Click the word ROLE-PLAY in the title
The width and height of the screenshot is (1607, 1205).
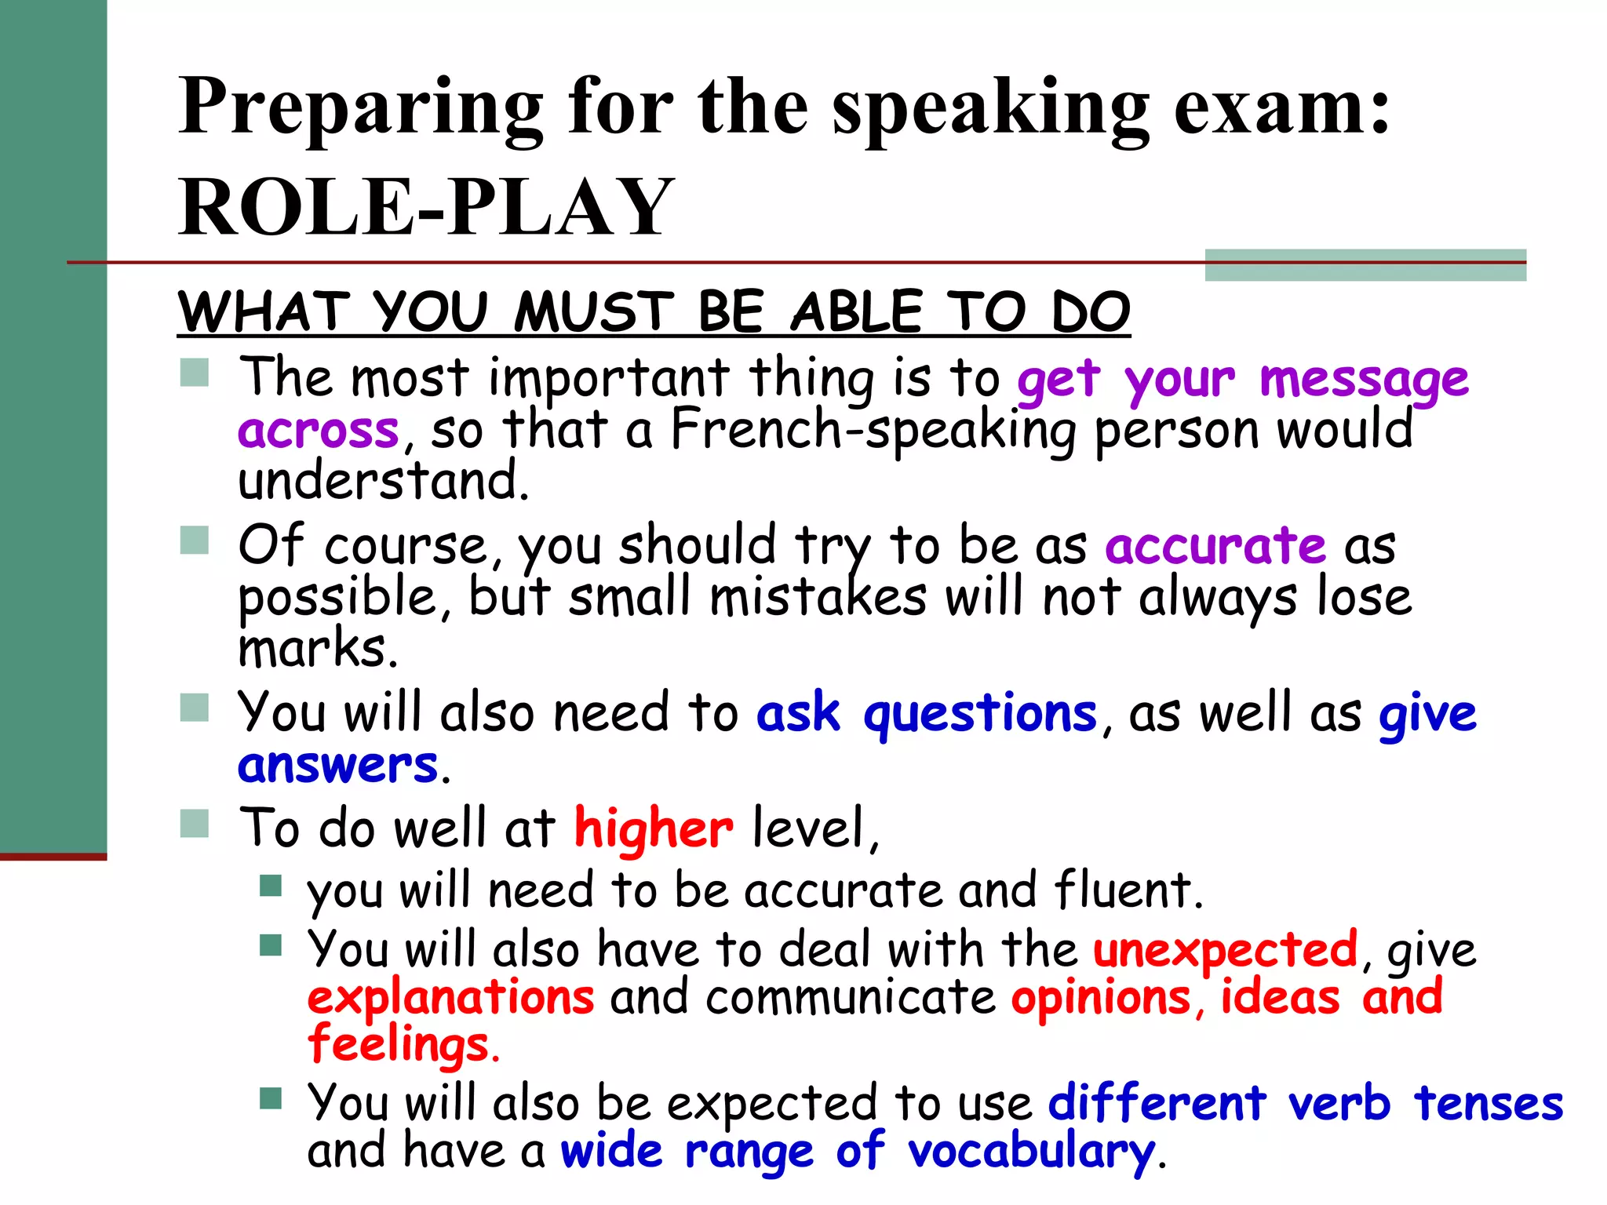coord(426,207)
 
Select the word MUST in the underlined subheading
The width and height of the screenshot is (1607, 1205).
coord(594,312)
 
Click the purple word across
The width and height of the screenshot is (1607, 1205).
coord(319,431)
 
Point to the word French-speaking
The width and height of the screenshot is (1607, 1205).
coord(873,431)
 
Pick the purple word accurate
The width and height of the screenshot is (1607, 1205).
coord(1215,545)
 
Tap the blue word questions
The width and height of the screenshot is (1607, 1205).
coord(980,714)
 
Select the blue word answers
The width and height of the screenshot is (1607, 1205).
coord(337,765)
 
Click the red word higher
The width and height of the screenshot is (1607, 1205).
coord(654,828)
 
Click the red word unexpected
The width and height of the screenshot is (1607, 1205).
coord(1226,949)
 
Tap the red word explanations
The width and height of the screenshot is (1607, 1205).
coord(450,998)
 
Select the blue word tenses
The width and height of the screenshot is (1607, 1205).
coord(1489,1103)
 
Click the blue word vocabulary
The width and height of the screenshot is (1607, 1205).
coord(1031,1152)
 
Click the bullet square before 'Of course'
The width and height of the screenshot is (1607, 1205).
coord(194,540)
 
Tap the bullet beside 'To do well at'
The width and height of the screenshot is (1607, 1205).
coord(194,823)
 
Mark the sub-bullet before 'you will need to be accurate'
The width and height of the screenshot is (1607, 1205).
coord(271,886)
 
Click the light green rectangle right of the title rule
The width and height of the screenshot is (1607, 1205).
coord(1365,265)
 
